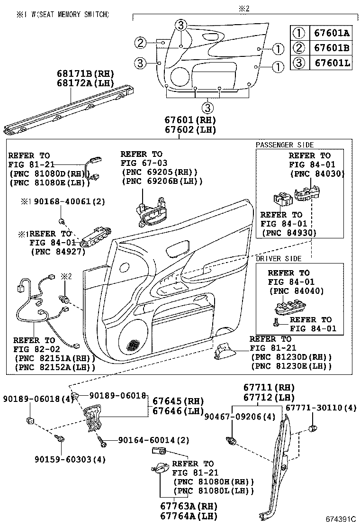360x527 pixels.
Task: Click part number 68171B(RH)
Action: [x=85, y=73]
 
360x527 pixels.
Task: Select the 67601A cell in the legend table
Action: [x=332, y=33]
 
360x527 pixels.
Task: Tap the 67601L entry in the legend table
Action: [x=332, y=63]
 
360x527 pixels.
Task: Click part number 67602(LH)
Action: [x=190, y=130]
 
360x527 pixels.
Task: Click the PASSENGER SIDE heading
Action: [x=285, y=145]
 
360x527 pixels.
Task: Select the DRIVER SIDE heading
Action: [x=279, y=258]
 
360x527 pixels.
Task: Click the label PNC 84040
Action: [x=297, y=291]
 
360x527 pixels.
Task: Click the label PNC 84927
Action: [x=58, y=251]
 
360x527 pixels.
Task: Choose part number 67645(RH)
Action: [x=178, y=401]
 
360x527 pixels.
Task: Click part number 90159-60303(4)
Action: [x=70, y=459]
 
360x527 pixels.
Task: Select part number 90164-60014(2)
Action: [x=153, y=440]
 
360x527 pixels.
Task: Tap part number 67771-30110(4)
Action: [x=321, y=408]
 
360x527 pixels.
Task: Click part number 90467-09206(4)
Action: [x=240, y=417]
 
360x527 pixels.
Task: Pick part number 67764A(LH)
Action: [x=189, y=516]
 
